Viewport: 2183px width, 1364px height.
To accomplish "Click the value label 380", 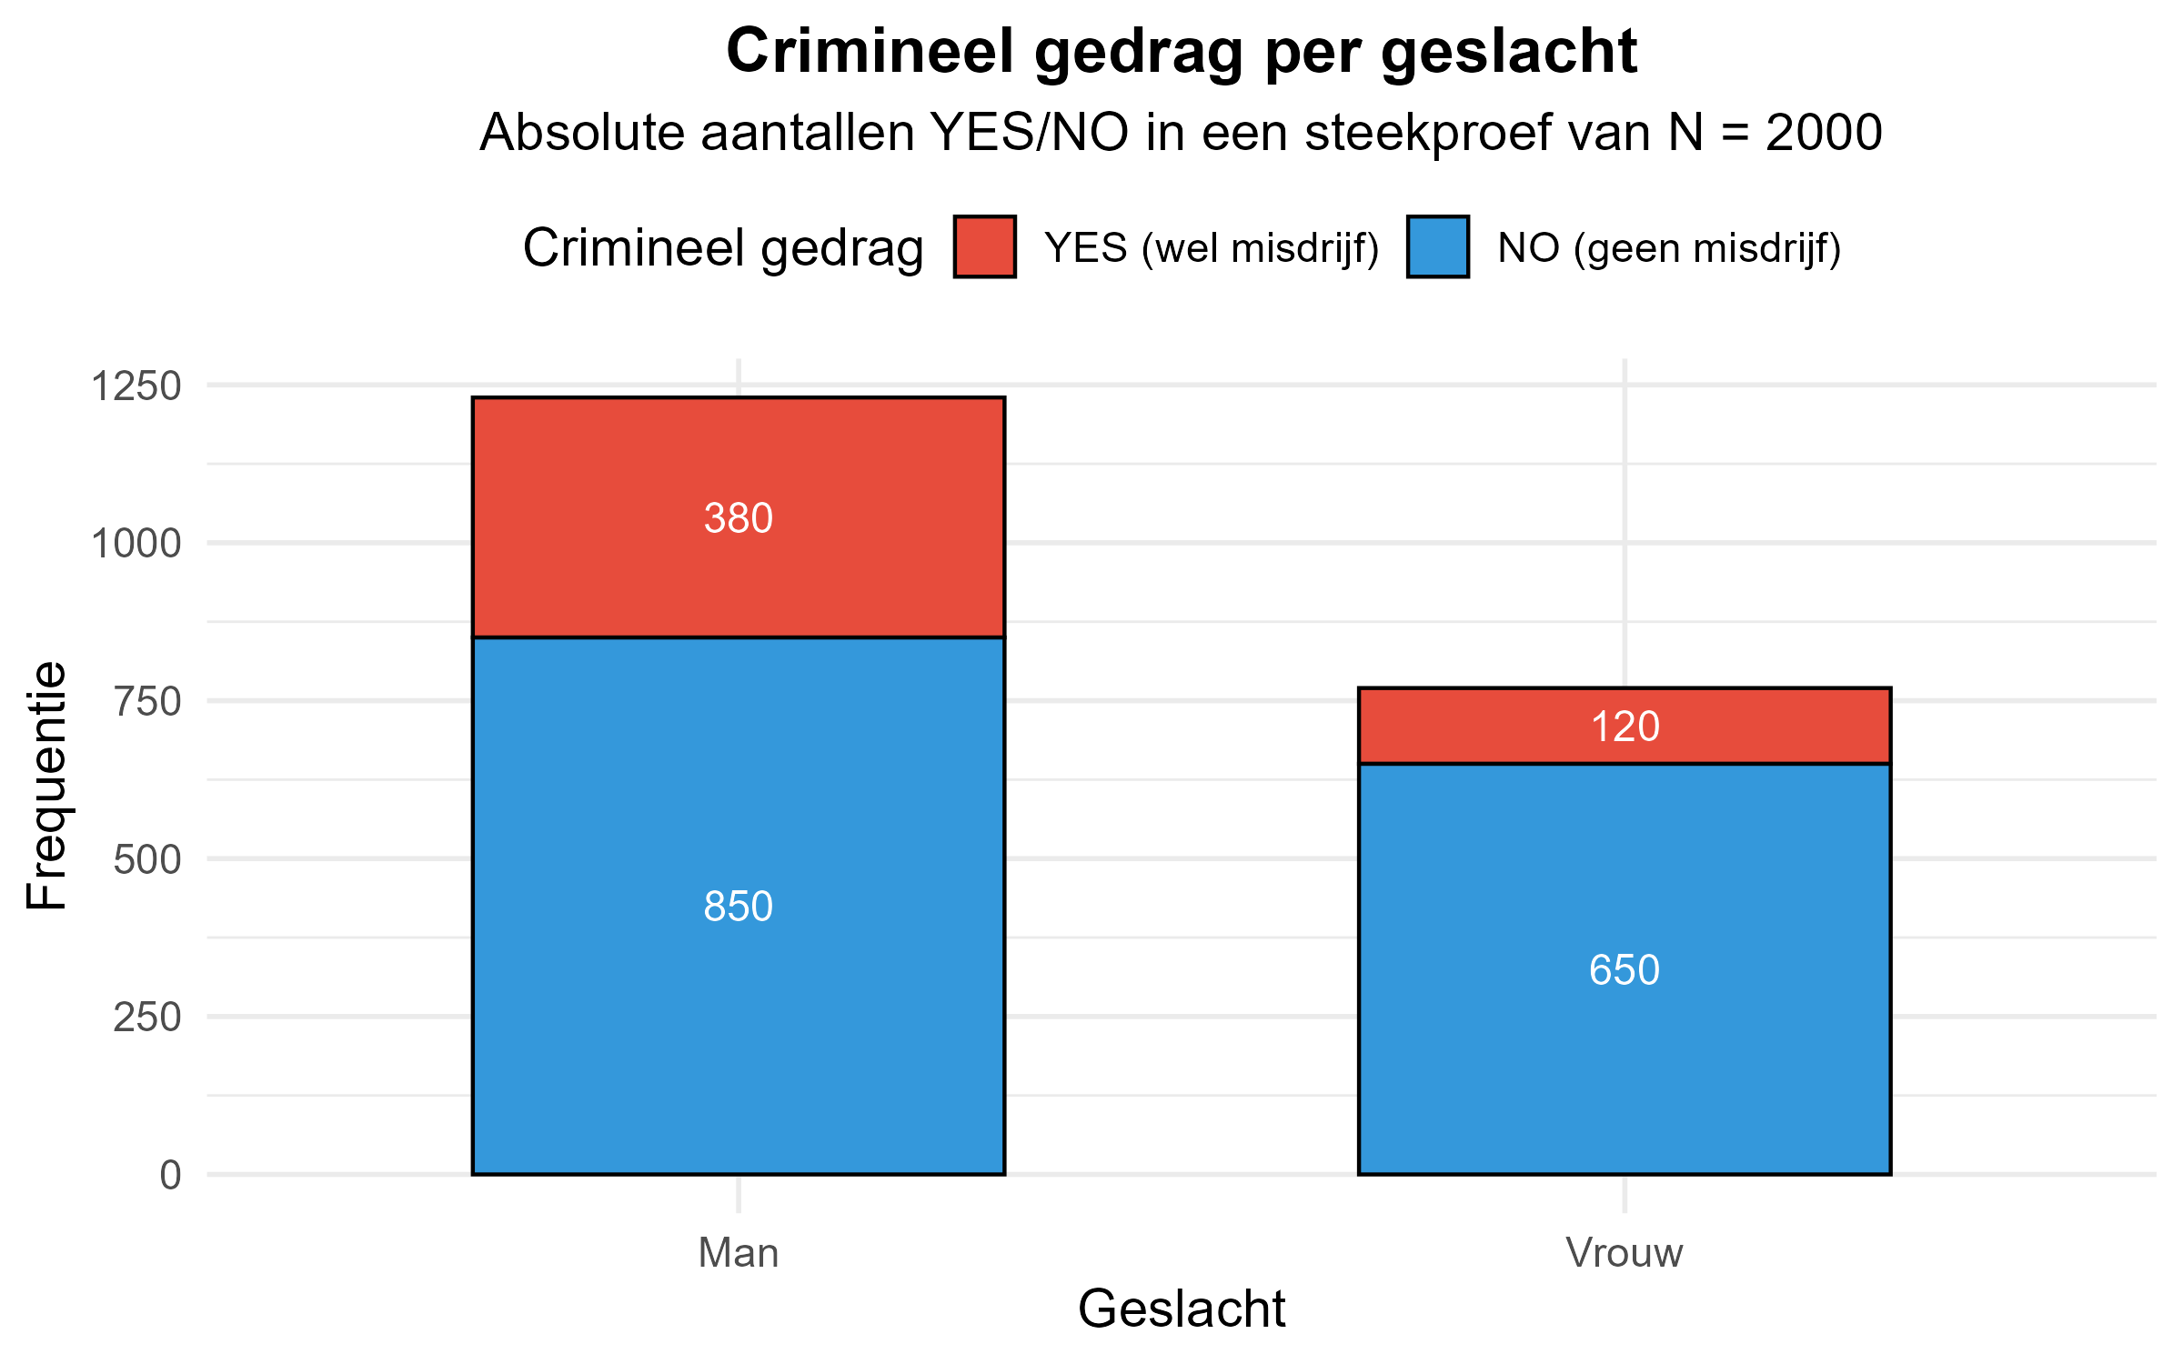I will [738, 518].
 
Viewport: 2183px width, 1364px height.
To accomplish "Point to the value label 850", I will [738, 907].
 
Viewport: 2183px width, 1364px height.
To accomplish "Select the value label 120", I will [1625, 727].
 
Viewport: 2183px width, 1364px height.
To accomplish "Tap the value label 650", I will [1624, 970].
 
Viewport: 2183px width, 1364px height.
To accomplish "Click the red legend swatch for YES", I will [984, 246].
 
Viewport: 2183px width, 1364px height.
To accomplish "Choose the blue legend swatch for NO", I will [1437, 246].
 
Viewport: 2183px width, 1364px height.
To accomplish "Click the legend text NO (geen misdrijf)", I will [1669, 248].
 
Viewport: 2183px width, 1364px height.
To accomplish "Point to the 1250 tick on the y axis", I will [136, 386].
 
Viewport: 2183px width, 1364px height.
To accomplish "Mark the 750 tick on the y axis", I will [147, 701].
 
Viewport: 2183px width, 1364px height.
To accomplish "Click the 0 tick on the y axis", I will [170, 1175].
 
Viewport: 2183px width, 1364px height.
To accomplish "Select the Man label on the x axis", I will [738, 1253].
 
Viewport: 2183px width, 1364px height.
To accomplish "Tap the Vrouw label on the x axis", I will [1624, 1253].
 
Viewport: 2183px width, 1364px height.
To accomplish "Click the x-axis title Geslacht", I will [1181, 1309].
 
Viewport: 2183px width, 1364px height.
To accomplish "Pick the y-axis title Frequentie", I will [45, 786].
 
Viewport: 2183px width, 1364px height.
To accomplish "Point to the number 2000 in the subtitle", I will [1823, 133].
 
